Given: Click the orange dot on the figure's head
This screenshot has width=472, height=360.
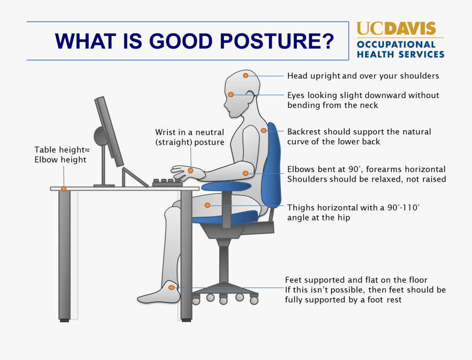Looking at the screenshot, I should pyautogui.click(x=245, y=76).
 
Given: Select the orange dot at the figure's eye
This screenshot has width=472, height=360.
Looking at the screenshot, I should pyautogui.click(x=231, y=94).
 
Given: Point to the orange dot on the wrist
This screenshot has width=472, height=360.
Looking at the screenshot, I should pyautogui.click(x=190, y=171).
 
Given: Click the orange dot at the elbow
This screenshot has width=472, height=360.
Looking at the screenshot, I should pyautogui.click(x=245, y=173).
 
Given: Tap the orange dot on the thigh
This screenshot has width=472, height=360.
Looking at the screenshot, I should pyautogui.click(x=208, y=205).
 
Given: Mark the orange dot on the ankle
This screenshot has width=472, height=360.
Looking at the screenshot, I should pyautogui.click(x=171, y=287).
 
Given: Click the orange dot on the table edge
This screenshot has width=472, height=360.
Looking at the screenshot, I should pyautogui.click(x=63, y=188).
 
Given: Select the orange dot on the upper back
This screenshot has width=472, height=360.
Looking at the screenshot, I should pyautogui.click(x=263, y=131).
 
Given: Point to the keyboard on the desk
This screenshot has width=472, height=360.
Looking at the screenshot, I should pyautogui.click(x=167, y=182).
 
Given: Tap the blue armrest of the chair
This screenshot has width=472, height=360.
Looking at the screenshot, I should pyautogui.click(x=226, y=185).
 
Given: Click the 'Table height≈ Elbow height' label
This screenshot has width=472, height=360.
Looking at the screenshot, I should pyautogui.click(x=60, y=154).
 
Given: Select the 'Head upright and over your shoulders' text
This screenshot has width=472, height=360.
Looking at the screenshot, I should pyautogui.click(x=363, y=76).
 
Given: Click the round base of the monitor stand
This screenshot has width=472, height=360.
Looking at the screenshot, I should pyautogui.click(x=101, y=136).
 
